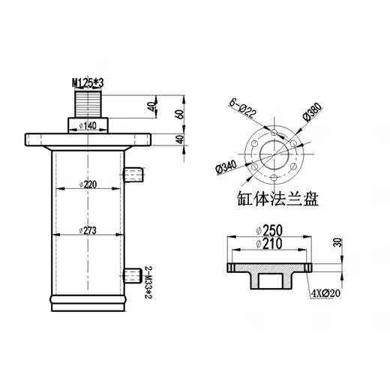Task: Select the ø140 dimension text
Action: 89,124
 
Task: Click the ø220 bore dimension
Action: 88,184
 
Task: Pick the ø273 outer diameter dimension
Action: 88,231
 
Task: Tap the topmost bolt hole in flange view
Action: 274,125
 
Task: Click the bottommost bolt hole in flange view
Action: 274,176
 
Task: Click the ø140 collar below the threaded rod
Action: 89,124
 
